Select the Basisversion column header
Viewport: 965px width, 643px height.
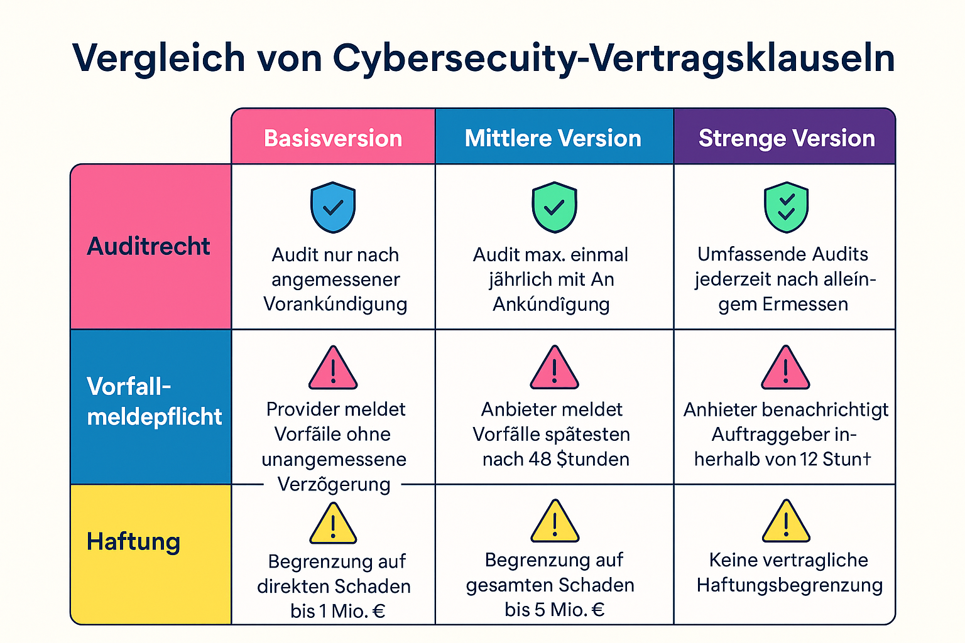(x=333, y=138)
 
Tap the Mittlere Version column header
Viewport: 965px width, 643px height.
(x=553, y=138)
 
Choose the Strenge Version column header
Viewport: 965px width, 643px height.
(x=787, y=138)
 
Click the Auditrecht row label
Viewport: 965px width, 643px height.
(x=149, y=246)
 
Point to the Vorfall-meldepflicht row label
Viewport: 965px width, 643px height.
(x=154, y=402)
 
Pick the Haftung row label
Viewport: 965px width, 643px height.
(x=133, y=541)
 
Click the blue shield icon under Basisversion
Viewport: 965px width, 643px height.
(x=333, y=207)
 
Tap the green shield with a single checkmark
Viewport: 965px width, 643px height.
(x=554, y=207)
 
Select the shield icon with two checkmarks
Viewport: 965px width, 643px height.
(x=786, y=207)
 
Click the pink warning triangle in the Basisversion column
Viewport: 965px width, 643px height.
(x=333, y=369)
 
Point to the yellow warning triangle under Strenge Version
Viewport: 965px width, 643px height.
(x=786, y=522)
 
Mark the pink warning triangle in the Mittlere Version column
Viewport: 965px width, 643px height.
(x=554, y=369)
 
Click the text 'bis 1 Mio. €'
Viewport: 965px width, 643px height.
(x=338, y=611)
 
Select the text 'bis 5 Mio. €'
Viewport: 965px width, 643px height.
(x=554, y=610)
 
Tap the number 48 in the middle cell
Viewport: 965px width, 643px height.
(x=540, y=460)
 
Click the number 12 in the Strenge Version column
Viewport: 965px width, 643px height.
(x=809, y=460)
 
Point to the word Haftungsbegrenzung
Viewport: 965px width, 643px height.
(x=790, y=585)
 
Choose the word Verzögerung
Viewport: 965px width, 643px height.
(x=334, y=485)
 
